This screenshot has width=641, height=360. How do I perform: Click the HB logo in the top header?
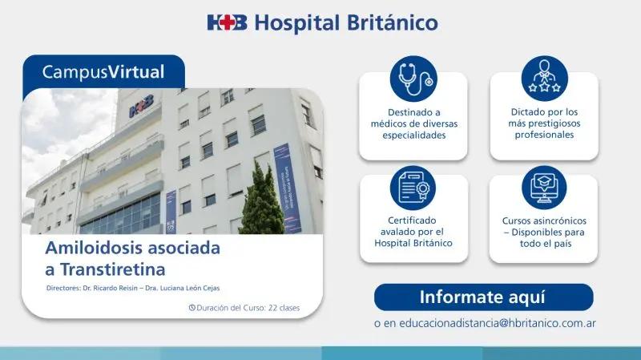click(227, 22)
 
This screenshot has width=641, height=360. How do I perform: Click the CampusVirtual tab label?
click(103, 72)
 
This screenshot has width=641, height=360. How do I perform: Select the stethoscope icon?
click(413, 79)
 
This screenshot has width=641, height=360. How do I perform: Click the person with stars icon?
click(544, 79)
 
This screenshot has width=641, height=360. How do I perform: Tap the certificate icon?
click(413, 188)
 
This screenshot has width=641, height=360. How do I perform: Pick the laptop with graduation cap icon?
click(544, 188)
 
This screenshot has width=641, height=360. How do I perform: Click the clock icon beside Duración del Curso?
click(191, 307)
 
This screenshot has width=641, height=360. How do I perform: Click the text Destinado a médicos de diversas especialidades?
click(413, 123)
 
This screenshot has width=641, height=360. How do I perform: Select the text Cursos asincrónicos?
click(544, 220)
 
